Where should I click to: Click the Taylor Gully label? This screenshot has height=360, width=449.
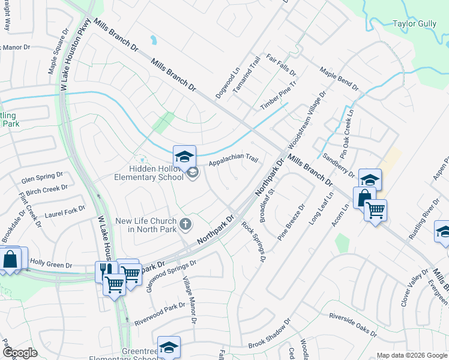pyautogui.click(x=414, y=24)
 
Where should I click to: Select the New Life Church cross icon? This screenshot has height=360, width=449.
pyautogui.click(x=186, y=224)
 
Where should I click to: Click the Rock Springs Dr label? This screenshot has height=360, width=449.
pyautogui.click(x=253, y=242)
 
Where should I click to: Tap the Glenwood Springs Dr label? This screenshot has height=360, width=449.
pyautogui.click(x=172, y=276)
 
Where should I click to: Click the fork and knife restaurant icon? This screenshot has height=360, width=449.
pyautogui.click(x=104, y=271)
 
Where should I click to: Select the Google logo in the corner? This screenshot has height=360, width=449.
pyautogui.click(x=20, y=353)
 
